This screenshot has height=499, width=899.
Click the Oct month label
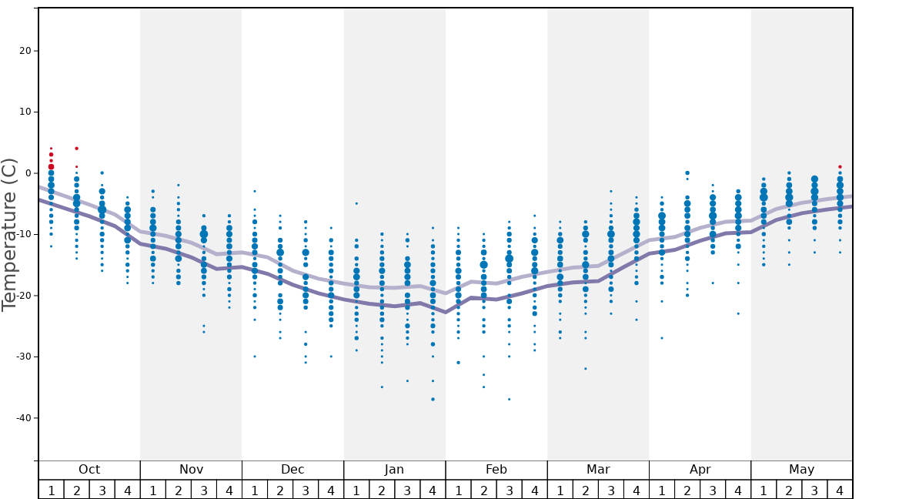click(89, 470)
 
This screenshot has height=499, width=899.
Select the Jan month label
click(394, 470)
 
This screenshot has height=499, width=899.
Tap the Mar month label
click(598, 470)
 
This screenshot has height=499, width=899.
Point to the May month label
click(801, 470)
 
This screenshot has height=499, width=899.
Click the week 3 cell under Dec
click(306, 490)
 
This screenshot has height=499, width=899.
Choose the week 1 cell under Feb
click(458, 490)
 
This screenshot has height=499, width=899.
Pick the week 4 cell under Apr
click(738, 490)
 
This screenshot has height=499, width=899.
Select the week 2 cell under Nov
click(179, 490)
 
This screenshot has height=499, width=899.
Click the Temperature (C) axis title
click(9, 234)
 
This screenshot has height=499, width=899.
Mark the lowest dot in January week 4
click(433, 399)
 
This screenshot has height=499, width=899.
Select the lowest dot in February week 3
click(509, 399)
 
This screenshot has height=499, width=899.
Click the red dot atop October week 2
click(76, 149)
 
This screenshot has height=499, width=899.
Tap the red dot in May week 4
click(840, 167)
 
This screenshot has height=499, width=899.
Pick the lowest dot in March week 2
click(586, 369)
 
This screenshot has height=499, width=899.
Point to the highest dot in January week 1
click(356, 203)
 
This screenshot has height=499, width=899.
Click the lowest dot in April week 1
click(662, 338)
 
